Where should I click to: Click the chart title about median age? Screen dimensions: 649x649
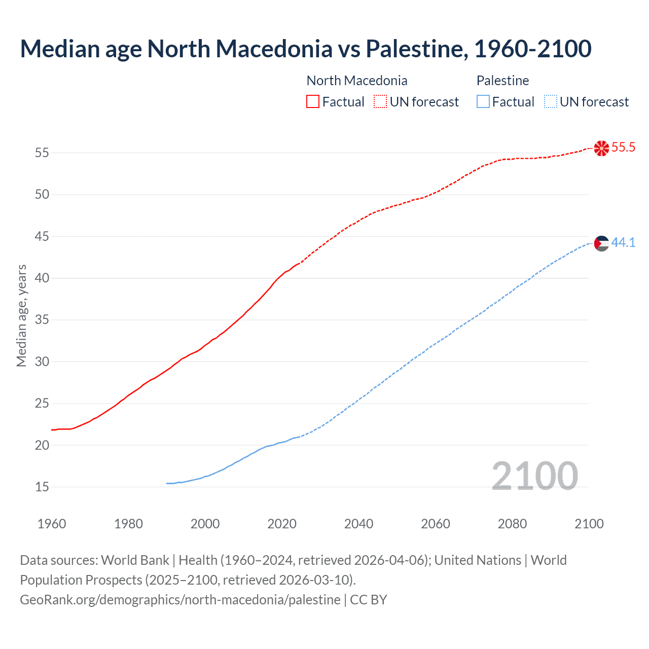(x=305, y=49)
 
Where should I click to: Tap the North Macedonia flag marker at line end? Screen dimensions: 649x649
(x=601, y=148)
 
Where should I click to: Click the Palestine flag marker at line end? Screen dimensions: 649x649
(x=601, y=243)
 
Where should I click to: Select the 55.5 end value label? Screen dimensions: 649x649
(x=623, y=148)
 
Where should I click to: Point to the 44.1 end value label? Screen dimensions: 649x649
(x=623, y=243)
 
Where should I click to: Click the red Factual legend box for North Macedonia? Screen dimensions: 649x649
(x=313, y=102)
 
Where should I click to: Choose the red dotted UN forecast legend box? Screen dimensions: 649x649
(x=380, y=102)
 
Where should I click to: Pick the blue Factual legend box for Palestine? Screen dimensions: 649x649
(x=483, y=102)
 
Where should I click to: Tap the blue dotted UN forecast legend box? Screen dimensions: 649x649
(x=550, y=102)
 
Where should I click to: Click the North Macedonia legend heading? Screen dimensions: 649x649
(x=357, y=81)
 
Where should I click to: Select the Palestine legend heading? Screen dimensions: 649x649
(x=502, y=81)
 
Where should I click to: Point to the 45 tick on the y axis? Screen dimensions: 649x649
(x=42, y=236)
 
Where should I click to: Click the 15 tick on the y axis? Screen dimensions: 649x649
(x=42, y=487)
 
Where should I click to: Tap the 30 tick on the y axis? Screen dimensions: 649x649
(x=42, y=362)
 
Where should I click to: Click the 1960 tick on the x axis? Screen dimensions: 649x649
(x=52, y=524)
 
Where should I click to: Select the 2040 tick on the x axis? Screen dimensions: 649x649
(x=358, y=524)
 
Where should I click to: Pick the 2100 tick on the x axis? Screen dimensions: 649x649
(x=589, y=524)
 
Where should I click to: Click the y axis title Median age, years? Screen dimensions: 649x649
(x=21, y=315)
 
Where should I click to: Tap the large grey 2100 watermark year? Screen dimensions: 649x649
(x=534, y=476)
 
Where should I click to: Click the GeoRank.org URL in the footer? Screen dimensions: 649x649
(x=180, y=600)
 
